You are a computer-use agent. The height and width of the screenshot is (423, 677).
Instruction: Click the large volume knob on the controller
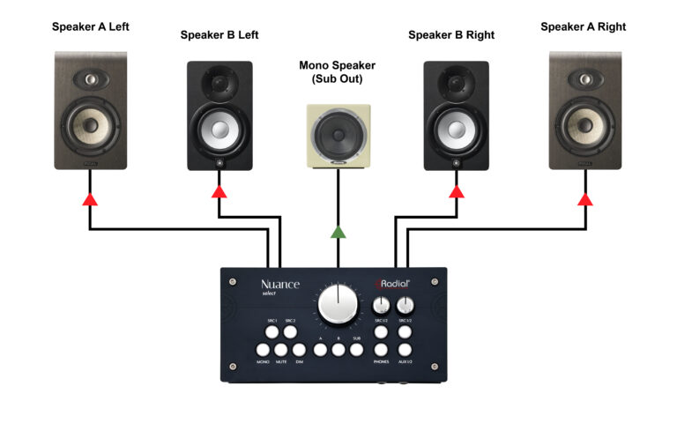338,304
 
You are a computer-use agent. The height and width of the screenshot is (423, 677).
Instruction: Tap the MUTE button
281,350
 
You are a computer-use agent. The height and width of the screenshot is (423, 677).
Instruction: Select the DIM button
300,350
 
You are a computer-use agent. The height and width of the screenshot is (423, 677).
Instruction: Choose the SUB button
357,350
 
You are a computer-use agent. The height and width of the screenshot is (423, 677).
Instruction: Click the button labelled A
321,350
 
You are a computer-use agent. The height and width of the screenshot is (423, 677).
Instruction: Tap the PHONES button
381,350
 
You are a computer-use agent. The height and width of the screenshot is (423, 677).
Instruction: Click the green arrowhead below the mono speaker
338,233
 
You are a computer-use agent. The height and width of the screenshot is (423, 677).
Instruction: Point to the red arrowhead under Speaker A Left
89,200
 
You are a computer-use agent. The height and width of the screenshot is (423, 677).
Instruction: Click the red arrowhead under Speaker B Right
456,191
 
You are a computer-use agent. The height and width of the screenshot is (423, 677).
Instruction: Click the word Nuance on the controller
280,285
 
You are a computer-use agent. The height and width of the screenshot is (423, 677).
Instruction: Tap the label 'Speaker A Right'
583,27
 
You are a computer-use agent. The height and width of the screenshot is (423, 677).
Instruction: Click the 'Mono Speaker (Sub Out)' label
337,72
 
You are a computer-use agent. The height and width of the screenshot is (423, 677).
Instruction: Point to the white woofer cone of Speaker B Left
219,129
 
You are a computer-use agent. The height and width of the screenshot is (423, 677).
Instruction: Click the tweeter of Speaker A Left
91,78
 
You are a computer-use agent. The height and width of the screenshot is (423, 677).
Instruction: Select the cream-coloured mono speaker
338,136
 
